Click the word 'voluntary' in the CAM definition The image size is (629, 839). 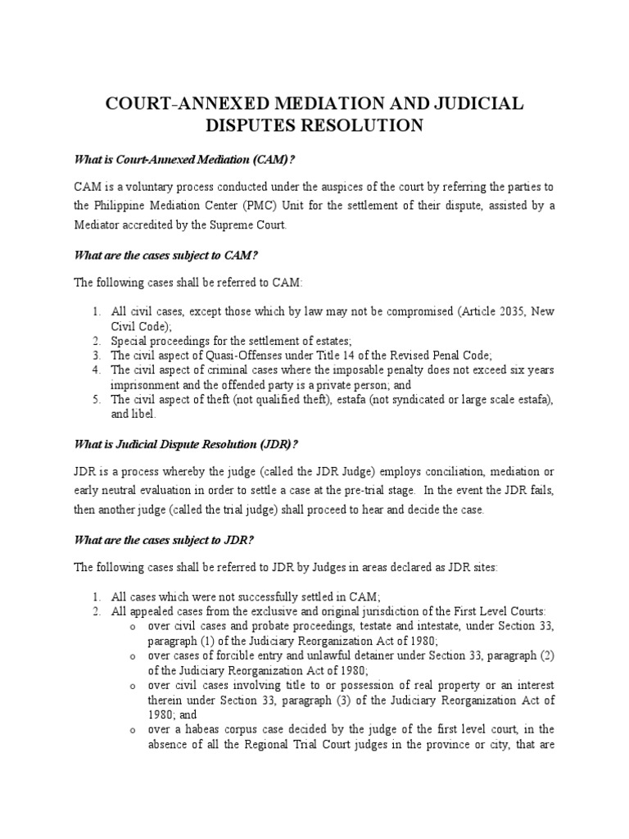153,187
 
